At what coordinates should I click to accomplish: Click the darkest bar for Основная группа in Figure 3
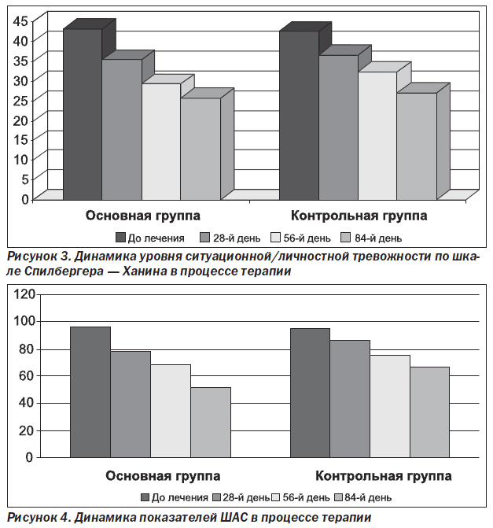pyautogui.click(x=83, y=114)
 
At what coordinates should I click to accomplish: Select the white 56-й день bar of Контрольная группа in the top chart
pyautogui.click(x=377, y=135)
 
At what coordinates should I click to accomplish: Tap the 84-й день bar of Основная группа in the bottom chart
pyautogui.click(x=211, y=423)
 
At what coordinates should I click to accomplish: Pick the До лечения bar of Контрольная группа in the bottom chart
pyautogui.click(x=310, y=393)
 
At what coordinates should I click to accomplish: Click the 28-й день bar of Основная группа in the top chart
pyautogui.click(x=122, y=130)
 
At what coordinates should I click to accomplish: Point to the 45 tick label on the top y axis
pyautogui.click(x=20, y=21)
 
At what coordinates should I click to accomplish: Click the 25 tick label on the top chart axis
pyautogui.click(x=20, y=100)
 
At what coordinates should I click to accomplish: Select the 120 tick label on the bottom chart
pyautogui.click(x=24, y=294)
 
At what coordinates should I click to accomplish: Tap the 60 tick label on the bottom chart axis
pyautogui.click(x=27, y=375)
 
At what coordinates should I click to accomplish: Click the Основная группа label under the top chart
pyautogui.click(x=142, y=216)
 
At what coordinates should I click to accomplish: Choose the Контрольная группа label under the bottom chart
pyautogui.click(x=383, y=476)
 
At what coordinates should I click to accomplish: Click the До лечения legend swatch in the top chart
pyautogui.click(x=120, y=238)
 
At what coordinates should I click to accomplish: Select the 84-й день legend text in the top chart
pyautogui.click(x=378, y=238)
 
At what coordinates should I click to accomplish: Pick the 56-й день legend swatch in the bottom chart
pyautogui.click(x=275, y=497)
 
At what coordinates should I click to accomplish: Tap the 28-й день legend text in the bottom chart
pyautogui.click(x=246, y=497)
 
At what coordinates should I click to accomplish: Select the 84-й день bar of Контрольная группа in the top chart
pyautogui.click(x=417, y=146)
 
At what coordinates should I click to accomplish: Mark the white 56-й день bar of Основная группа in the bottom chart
pyautogui.click(x=171, y=411)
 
